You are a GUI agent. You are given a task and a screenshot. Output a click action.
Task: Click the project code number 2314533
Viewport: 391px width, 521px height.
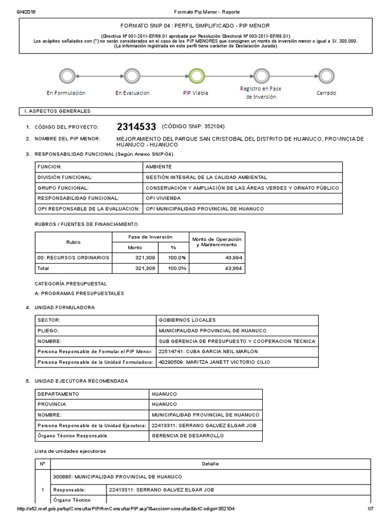pos(136,127)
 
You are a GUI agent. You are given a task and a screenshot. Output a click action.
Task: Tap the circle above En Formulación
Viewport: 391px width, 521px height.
pos(66,77)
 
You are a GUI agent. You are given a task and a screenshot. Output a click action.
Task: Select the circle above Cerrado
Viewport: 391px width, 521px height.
pos(326,77)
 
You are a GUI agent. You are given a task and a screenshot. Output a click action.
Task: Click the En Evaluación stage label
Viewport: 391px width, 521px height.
pos(132,93)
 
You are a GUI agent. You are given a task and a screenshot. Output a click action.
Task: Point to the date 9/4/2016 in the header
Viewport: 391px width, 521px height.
pos(19,11)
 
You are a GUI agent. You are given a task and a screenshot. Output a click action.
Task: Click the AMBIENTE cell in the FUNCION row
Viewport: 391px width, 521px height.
pos(159,167)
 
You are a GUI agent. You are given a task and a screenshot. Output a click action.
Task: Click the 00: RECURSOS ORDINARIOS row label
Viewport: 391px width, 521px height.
pos(73,258)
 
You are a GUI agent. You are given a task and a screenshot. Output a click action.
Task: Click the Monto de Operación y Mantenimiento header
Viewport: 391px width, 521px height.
pos(216,242)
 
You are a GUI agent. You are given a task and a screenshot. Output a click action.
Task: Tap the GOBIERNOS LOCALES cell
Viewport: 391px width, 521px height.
pos(187,320)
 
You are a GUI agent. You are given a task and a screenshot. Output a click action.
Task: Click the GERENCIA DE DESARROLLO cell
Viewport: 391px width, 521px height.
pos(187,436)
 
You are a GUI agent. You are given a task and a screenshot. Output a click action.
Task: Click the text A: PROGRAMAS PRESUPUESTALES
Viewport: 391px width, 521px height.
pos(79,294)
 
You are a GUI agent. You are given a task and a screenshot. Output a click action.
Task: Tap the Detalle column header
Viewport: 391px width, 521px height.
pos(210,464)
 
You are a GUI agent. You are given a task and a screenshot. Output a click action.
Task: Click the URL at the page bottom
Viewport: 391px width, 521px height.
pos(126,509)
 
